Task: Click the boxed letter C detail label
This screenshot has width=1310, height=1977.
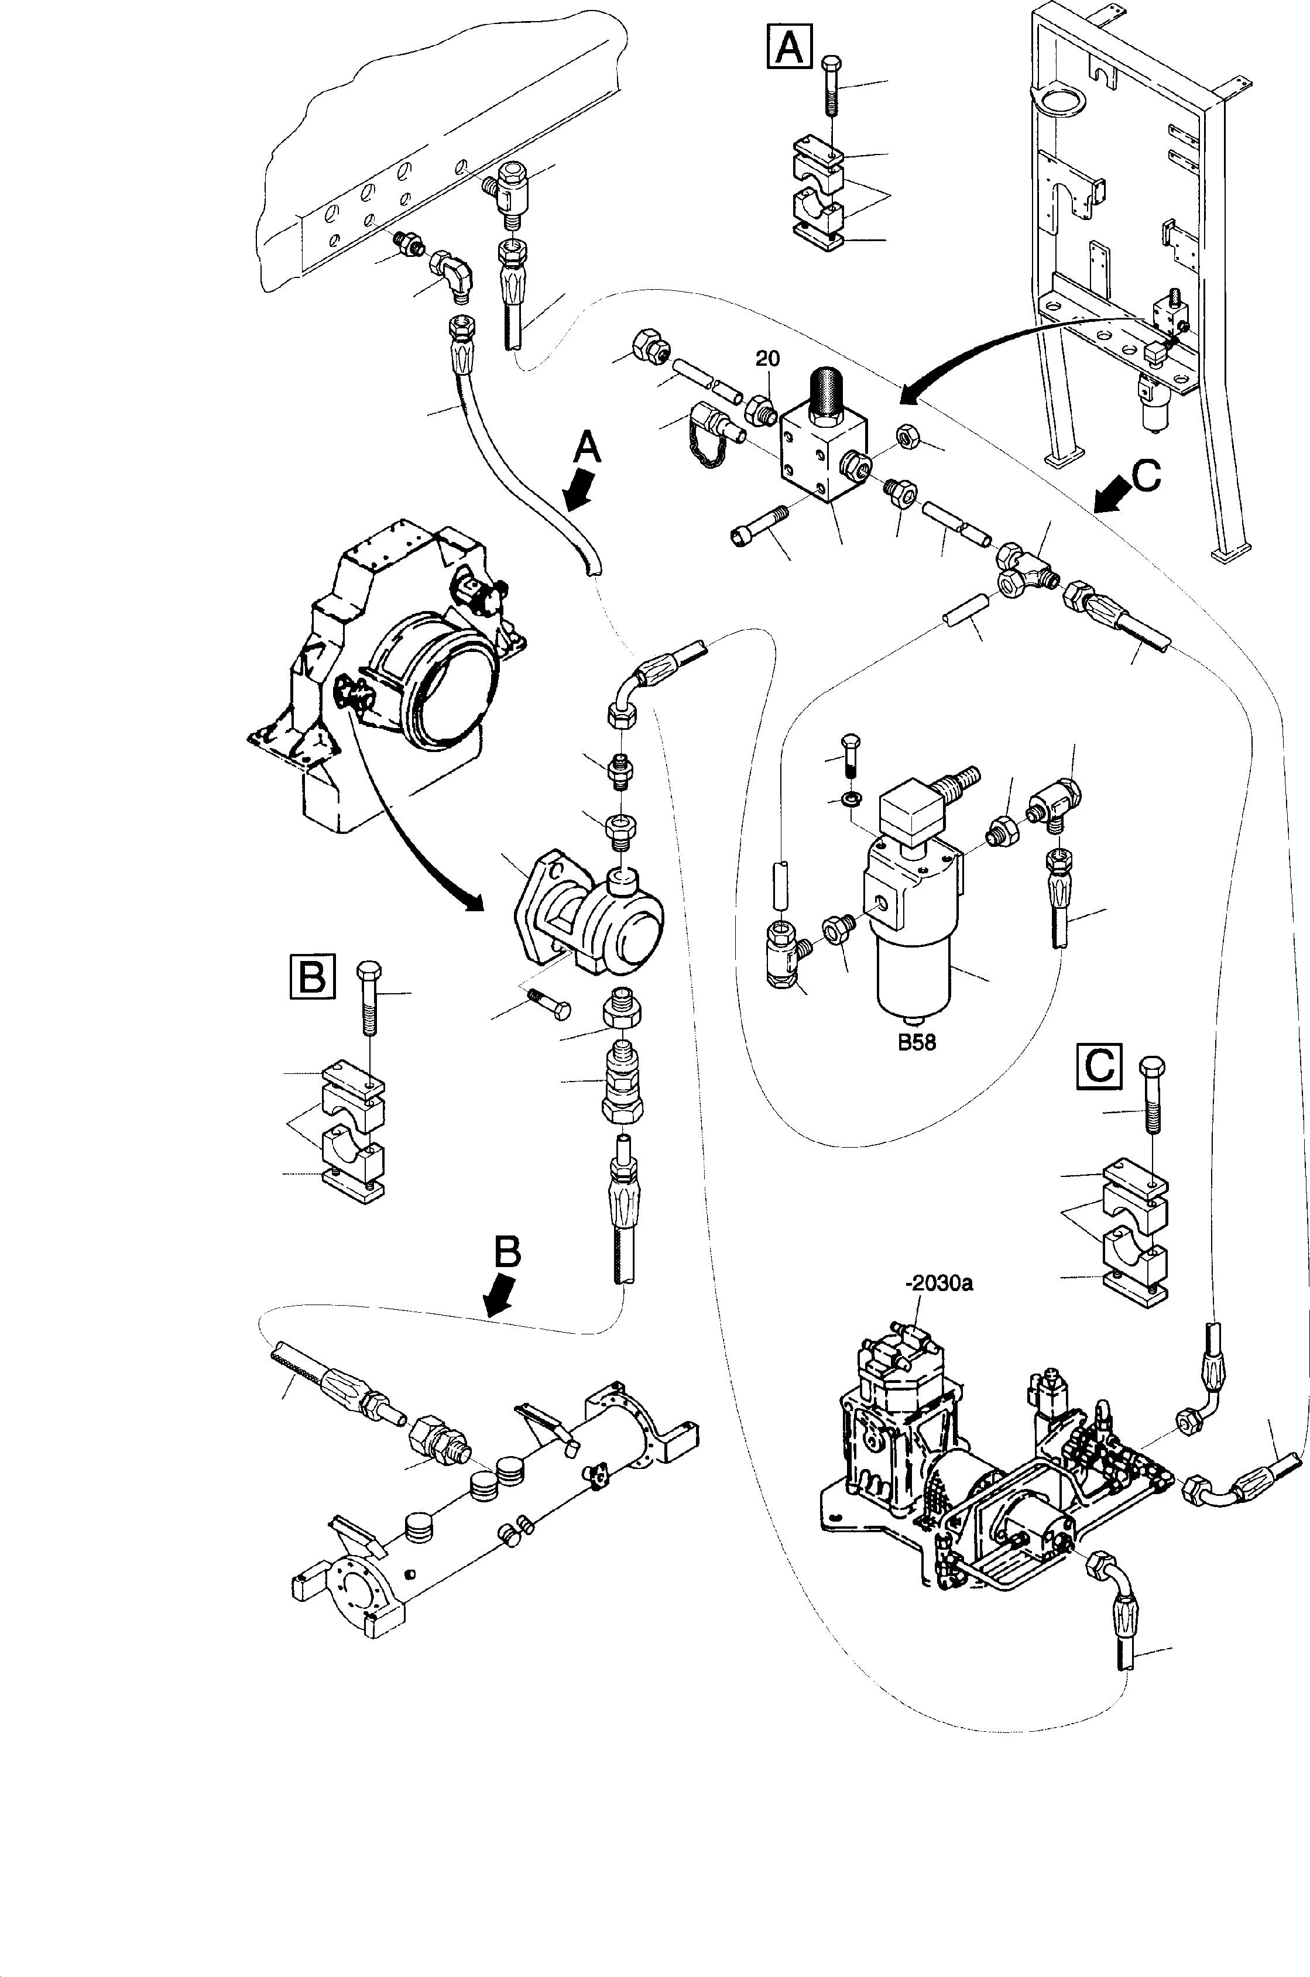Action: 1099,1066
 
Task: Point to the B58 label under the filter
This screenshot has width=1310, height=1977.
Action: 917,1042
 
